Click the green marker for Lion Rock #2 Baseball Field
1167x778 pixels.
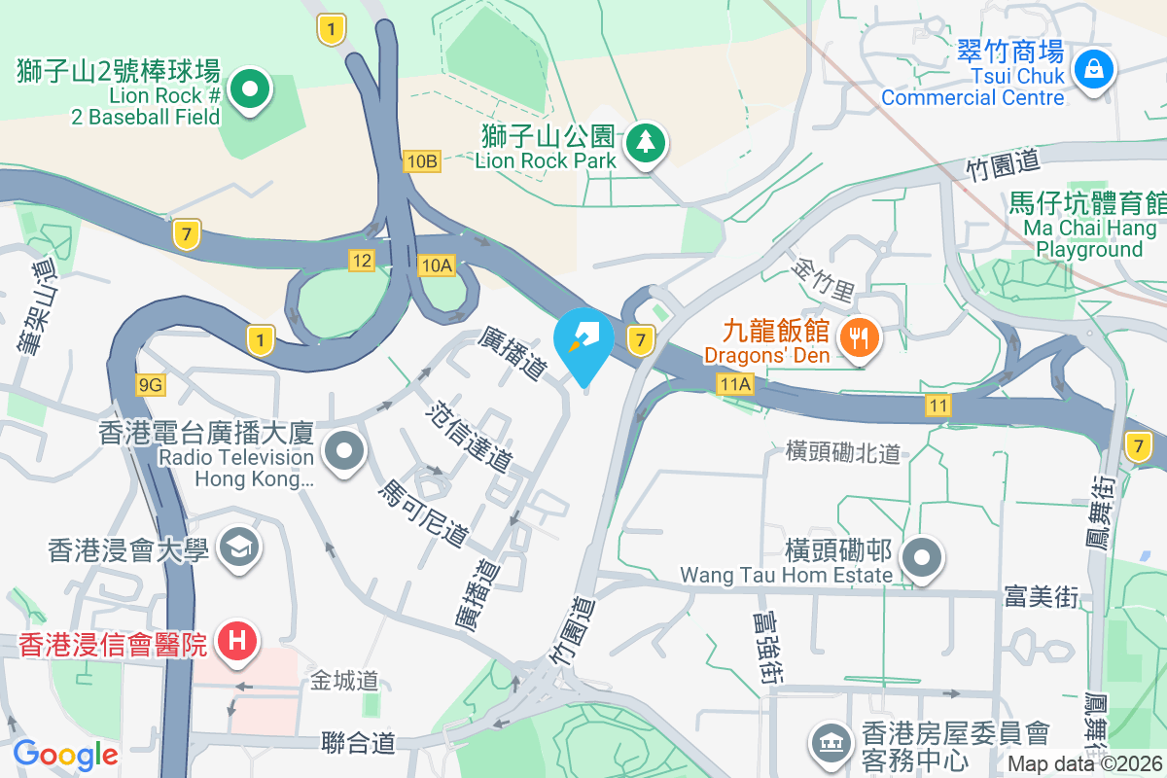tap(250, 91)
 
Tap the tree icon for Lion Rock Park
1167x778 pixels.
tap(644, 143)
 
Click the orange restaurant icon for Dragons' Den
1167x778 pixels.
tap(857, 338)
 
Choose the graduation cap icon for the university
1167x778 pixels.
tap(235, 548)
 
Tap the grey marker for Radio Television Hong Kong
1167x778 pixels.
tap(343, 451)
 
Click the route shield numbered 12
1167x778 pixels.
tap(362, 260)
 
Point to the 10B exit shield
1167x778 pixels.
tap(422, 161)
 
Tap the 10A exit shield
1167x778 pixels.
tap(437, 265)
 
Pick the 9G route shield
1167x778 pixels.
tap(151, 385)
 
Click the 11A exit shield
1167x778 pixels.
tap(736, 385)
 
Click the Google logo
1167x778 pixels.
tap(65, 755)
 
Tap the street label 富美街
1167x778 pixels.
tap(1042, 596)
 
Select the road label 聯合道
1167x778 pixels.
tap(358, 744)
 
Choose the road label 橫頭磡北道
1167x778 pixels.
tap(843, 451)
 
